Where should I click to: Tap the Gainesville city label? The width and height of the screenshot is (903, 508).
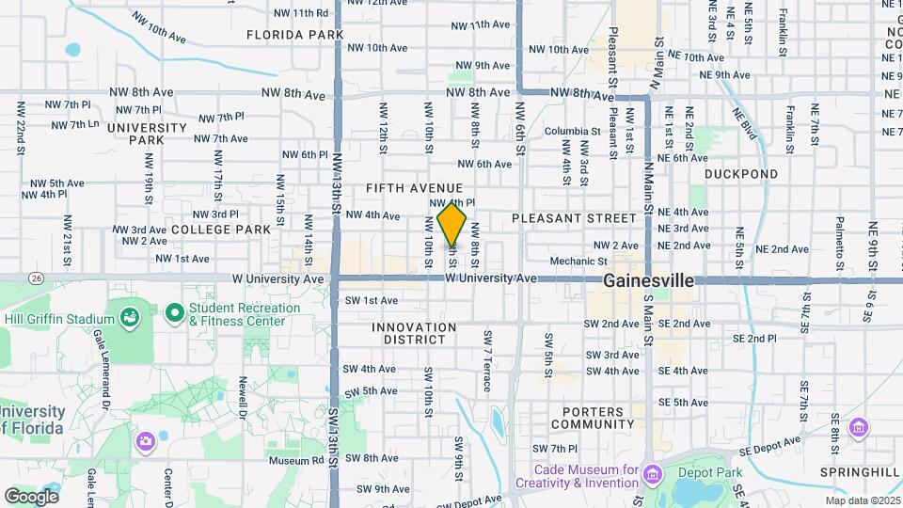coord(648,280)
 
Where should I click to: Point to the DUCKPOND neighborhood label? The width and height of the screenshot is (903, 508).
coord(741,174)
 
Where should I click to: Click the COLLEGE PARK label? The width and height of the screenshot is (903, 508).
coord(220,229)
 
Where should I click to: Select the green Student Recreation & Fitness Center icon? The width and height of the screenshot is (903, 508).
coord(174,311)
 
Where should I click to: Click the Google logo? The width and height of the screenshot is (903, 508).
coord(31,496)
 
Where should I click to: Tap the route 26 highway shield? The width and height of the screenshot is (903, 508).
coord(36,278)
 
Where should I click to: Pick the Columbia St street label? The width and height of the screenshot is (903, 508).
coord(572,132)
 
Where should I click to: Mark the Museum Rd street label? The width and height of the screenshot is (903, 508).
coord(295,461)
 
